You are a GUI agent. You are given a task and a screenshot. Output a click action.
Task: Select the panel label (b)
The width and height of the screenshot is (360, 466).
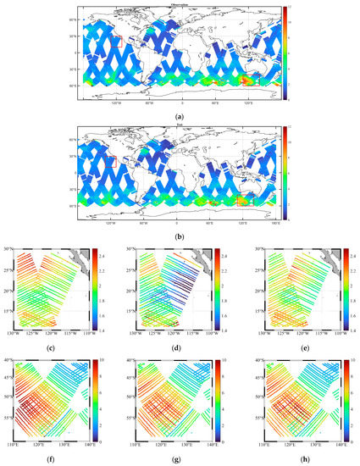click(x=180, y=236)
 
